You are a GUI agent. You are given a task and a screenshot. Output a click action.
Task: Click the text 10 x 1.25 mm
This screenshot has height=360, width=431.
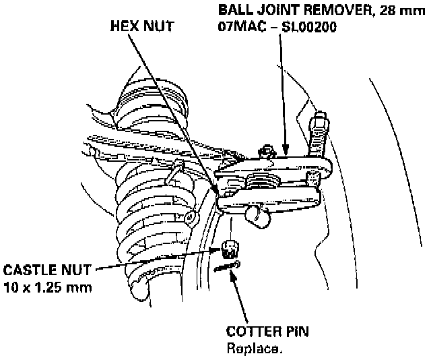click(47, 288)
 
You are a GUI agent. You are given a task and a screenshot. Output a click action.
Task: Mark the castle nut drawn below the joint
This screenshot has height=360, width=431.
click(231, 249)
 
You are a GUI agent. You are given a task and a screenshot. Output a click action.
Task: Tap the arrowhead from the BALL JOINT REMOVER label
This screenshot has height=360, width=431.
click(286, 154)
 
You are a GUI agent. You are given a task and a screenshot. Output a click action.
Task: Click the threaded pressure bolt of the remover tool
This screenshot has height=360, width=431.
click(318, 138)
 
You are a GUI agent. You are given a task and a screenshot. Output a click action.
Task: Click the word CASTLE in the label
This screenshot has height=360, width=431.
click(30, 270)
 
